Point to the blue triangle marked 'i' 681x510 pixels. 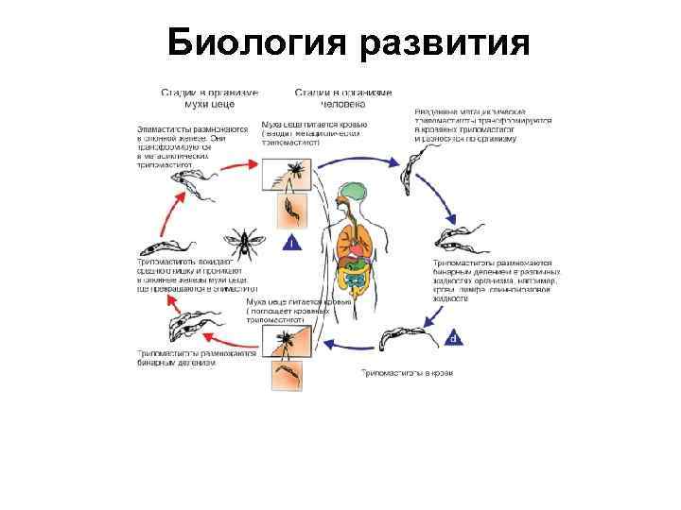[294, 242]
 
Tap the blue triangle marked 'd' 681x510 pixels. [454, 336]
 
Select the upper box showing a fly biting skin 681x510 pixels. [292, 174]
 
